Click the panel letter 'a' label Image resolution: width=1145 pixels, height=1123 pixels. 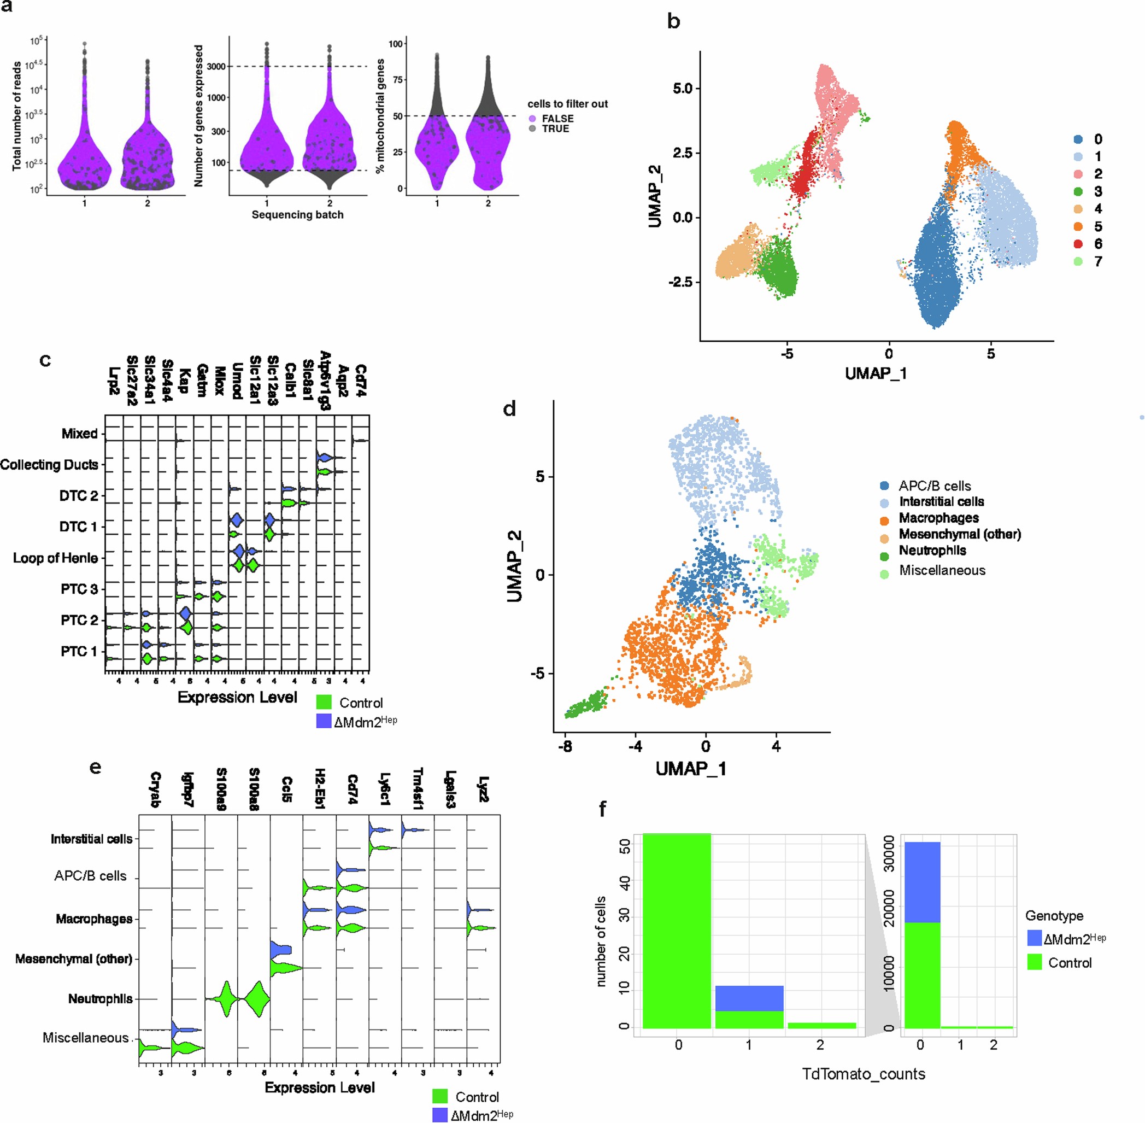tap(7, 7)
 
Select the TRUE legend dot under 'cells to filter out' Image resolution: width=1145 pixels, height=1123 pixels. tap(532, 128)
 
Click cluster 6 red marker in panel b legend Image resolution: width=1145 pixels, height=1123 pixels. tap(1078, 244)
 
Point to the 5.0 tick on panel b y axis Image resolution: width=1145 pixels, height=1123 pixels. tap(686, 89)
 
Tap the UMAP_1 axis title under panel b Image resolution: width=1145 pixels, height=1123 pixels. tap(876, 373)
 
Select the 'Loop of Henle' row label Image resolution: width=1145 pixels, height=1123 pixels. tap(55, 558)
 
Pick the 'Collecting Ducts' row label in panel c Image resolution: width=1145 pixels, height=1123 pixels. tap(49, 465)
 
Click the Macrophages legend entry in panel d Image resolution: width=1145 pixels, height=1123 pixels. tap(938, 518)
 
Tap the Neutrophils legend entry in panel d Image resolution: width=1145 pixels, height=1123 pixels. tap(932, 551)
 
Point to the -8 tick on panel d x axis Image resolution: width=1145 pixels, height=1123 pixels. tap(565, 747)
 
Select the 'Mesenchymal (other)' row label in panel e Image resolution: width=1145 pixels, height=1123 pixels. tap(74, 958)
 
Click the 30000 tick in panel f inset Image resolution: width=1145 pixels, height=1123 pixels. tap(889, 853)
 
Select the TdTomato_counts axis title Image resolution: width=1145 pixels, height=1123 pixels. tap(863, 1073)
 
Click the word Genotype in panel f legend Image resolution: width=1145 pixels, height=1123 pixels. tap(1054, 915)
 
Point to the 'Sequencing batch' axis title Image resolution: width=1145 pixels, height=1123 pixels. tap(297, 215)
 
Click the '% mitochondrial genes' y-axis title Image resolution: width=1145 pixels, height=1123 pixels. tap(381, 115)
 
